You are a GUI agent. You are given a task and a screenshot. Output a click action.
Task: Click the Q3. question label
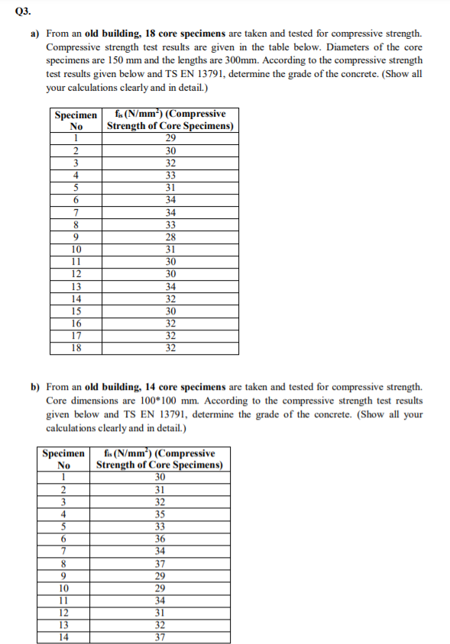coord(15,11)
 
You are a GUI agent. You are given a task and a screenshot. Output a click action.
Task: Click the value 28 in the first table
coord(171,237)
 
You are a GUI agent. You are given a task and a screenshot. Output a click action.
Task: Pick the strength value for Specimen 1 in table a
coord(171,138)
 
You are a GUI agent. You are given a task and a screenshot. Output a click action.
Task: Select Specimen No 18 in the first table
coord(76,348)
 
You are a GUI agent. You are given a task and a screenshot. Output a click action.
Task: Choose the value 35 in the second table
coord(160,514)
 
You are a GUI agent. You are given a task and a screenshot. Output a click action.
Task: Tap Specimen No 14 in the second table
coord(64,637)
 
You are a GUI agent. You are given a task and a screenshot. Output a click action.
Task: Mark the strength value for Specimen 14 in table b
coord(160,637)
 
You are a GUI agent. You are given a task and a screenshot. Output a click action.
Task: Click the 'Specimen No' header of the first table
coord(76,121)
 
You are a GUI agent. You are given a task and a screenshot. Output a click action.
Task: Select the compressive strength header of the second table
coord(160,459)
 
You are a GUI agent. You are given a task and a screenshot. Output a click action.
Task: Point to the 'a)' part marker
coord(35,34)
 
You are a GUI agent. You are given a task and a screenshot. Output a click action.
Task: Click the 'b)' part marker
coord(35,388)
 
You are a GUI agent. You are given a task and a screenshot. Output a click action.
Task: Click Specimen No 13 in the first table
coord(76,286)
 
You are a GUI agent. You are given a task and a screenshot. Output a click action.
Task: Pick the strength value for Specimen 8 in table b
coord(160,564)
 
